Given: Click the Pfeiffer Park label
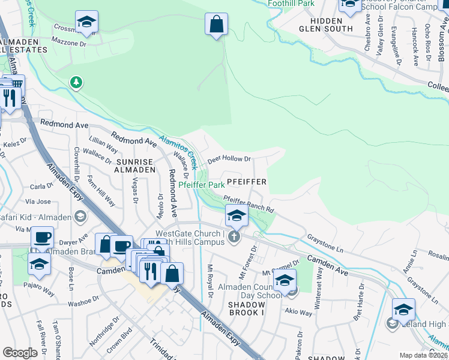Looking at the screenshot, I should pos(202,185).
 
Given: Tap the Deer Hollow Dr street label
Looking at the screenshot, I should pos(229,160).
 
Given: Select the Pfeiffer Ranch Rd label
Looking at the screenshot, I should pos(249,204).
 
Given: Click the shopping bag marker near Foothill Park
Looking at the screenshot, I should pos(217,25).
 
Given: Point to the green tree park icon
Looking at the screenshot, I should pos(76,82).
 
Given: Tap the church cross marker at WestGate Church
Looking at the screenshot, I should pos(234,238).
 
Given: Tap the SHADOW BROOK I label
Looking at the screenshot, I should pos(238,308).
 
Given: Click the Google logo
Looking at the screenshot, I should pos(20,352).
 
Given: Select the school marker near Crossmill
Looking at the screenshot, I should pos(87,23).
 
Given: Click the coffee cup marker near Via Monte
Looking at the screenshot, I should pos(42,238).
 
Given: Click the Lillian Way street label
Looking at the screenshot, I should pos(103,145).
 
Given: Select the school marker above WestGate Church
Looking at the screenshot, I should pos(237,216).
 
